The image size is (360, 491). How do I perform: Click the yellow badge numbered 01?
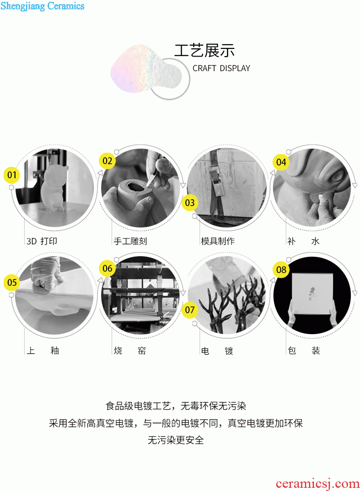(x=12, y=175)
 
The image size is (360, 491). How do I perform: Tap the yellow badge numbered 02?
(x=108, y=161)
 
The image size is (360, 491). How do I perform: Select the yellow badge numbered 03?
(x=190, y=202)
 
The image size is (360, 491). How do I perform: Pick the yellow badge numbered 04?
(x=281, y=162)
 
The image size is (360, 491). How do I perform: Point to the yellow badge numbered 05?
(x=12, y=283)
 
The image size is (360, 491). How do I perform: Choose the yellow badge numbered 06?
(x=108, y=269)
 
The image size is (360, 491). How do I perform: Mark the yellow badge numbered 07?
(x=190, y=310)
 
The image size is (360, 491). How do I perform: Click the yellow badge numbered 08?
(x=281, y=269)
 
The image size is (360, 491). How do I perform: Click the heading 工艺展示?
(x=205, y=51)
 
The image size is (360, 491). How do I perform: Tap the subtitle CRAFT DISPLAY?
(x=221, y=68)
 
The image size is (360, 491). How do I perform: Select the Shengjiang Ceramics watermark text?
(x=42, y=6)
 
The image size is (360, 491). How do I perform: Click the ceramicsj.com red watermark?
(x=318, y=484)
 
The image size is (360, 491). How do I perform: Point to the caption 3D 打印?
(x=42, y=241)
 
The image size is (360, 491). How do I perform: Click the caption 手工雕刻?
(x=130, y=241)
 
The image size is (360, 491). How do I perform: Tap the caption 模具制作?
(x=217, y=241)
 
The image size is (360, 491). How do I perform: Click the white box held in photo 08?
(x=312, y=294)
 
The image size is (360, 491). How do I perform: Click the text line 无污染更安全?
(x=175, y=440)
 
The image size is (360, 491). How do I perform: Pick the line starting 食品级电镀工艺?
(x=175, y=406)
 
